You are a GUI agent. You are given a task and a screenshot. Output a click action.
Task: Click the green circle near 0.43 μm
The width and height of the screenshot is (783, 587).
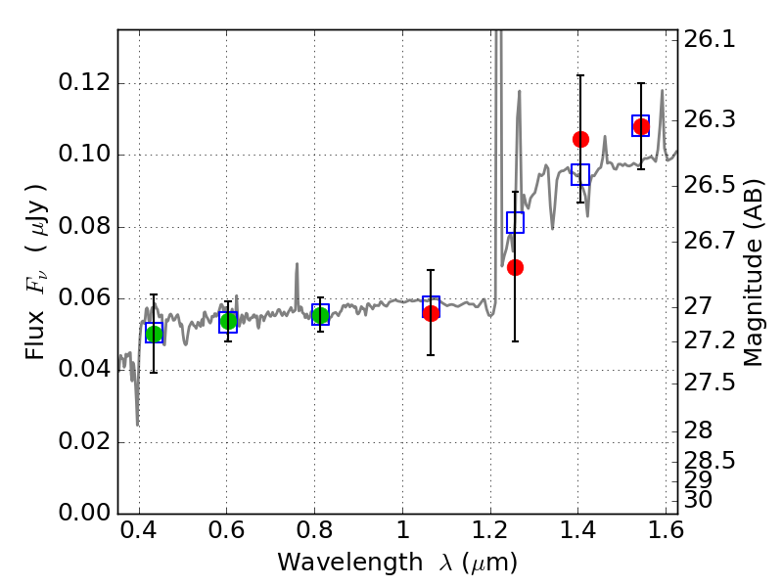[x=154, y=334]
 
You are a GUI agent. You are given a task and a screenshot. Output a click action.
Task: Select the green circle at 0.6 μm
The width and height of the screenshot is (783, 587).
[x=228, y=321]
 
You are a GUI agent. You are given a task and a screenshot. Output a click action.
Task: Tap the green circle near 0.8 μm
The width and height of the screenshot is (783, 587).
[x=321, y=315]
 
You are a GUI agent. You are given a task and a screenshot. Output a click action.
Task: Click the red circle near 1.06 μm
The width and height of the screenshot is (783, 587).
[x=431, y=313]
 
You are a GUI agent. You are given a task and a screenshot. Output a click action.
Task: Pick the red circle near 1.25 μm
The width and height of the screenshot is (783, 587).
[x=516, y=267]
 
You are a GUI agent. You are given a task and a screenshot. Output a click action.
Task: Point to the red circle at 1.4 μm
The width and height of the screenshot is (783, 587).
[x=580, y=139]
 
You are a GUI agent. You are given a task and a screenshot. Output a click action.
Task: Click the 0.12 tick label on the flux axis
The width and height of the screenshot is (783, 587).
[x=84, y=82]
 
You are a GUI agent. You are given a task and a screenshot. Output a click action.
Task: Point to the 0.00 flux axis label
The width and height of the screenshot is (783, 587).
[x=84, y=513]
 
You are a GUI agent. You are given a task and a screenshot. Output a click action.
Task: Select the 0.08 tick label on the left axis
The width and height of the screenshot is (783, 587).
[x=84, y=226]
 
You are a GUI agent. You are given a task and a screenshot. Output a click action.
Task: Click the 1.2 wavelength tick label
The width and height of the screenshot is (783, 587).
[x=491, y=530]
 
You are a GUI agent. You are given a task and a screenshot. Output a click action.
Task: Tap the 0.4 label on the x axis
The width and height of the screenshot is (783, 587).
[x=139, y=530]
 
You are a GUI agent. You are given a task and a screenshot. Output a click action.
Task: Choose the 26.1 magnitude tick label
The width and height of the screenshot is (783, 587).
[x=710, y=39]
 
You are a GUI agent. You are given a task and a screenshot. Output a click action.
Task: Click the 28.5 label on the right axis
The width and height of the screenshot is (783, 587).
[x=710, y=460]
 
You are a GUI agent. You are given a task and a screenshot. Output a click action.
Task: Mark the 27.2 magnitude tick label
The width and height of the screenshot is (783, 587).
[x=710, y=340]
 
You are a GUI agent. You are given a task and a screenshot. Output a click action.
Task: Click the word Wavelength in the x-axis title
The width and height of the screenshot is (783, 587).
[x=350, y=563]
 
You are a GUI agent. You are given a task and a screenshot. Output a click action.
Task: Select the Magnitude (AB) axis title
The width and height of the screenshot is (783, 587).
[x=753, y=273]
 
